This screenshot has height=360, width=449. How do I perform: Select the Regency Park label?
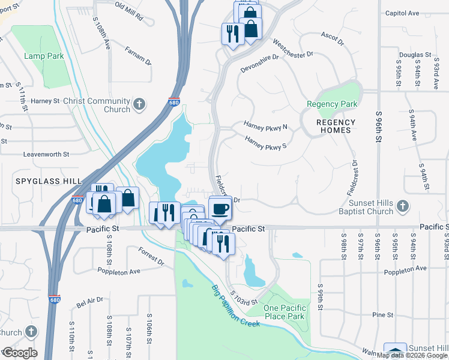tap(332, 104)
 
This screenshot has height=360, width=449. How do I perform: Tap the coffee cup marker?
tap(220, 209)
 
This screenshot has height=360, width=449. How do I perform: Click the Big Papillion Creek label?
tap(235, 307)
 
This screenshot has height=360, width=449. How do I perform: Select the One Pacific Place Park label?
tap(285, 312)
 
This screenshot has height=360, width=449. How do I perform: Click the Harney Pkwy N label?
tap(265, 127)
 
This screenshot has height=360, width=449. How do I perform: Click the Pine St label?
tap(382, 314)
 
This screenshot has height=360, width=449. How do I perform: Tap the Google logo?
tap(19, 353)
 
